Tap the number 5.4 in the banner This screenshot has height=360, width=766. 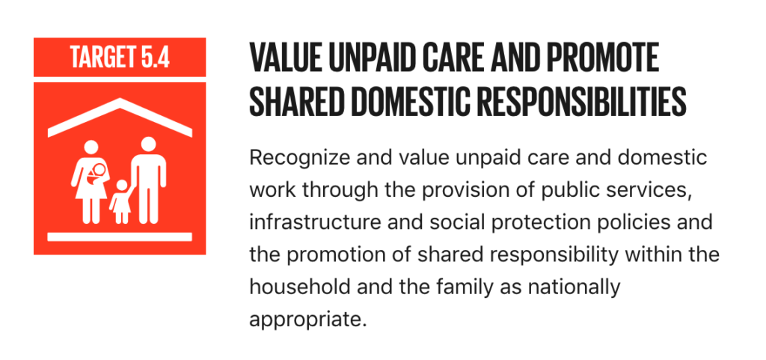(156, 57)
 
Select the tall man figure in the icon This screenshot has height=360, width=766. (148, 180)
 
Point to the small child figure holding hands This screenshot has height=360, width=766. (121, 201)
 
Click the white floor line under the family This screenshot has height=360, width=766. (120, 237)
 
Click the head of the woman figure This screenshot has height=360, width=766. (91, 147)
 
